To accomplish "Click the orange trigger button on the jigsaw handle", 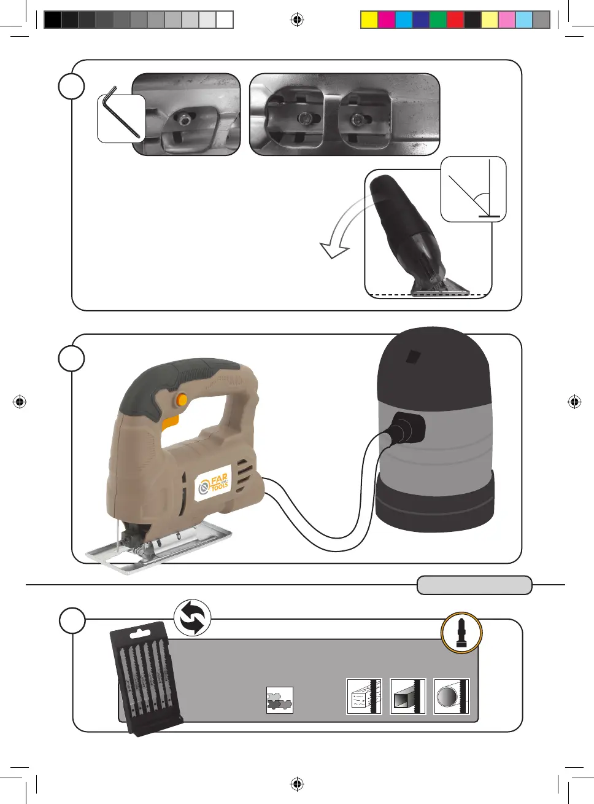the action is [x=182, y=400].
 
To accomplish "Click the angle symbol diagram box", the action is [x=473, y=189].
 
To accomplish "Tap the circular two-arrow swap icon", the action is [x=192, y=618].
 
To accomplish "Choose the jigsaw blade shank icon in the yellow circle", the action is [x=461, y=632].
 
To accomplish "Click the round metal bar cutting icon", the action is [x=451, y=697].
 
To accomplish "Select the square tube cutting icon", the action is [x=407, y=697].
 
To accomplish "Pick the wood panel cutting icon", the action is [x=364, y=697].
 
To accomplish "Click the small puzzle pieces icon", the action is [x=280, y=700].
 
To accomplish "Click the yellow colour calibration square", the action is [x=369, y=20].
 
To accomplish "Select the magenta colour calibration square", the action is [x=386, y=20].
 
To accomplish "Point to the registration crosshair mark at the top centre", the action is [x=297, y=20].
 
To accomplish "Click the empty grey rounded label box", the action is [x=474, y=585].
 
